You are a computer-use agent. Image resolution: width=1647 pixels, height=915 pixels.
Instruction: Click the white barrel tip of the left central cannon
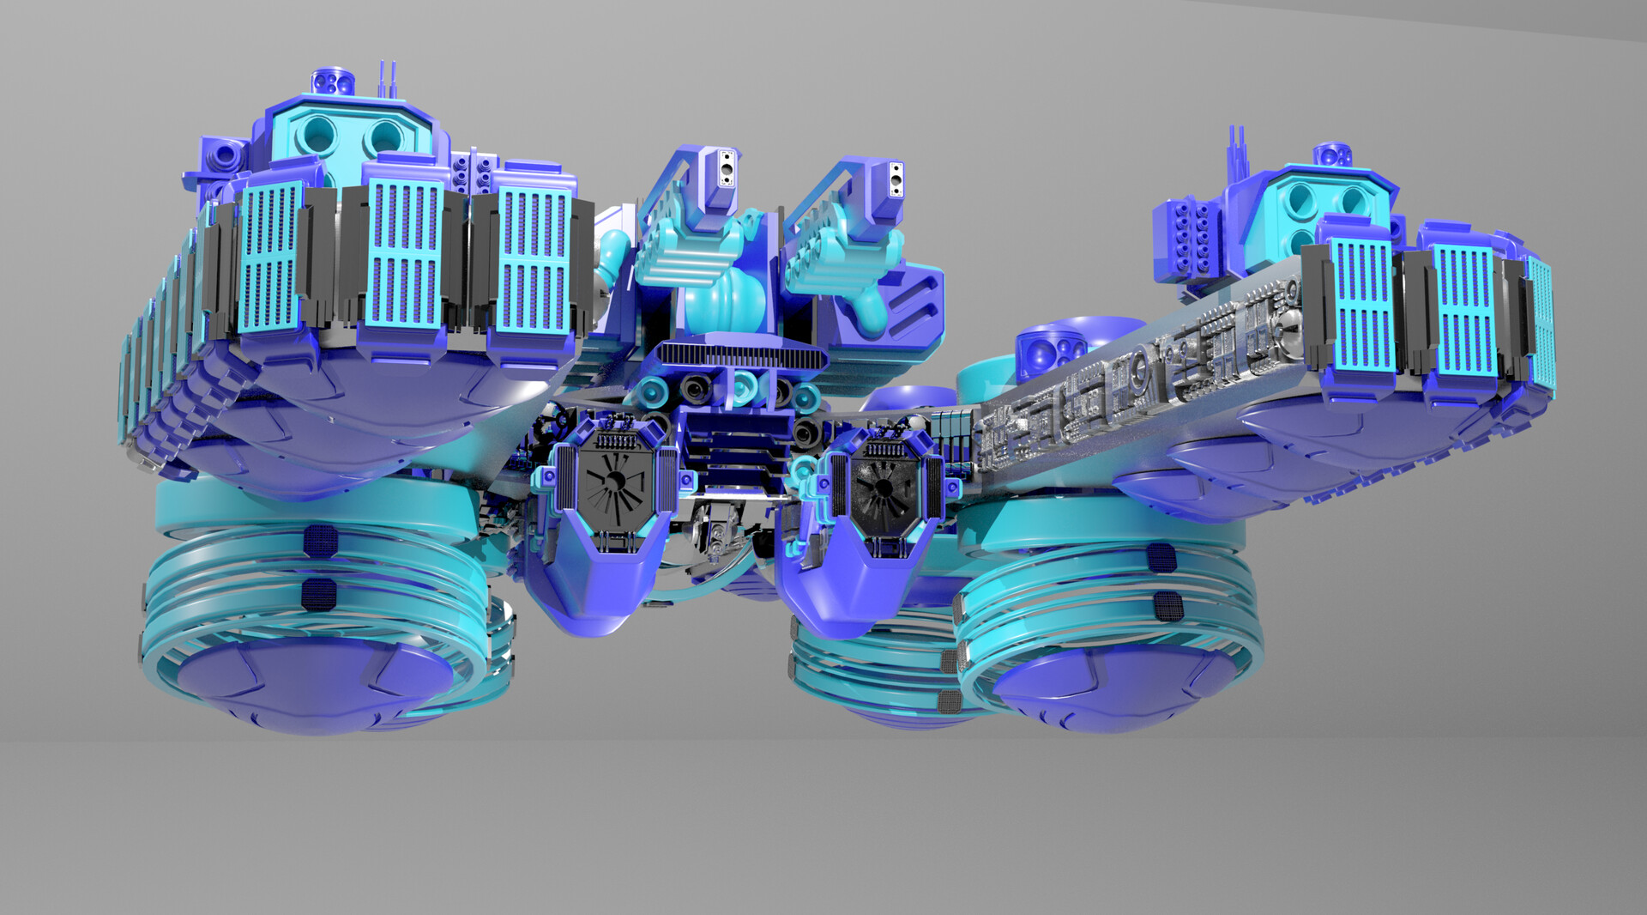point(727,168)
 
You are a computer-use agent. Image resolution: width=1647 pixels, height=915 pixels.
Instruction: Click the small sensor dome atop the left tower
point(329,82)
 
